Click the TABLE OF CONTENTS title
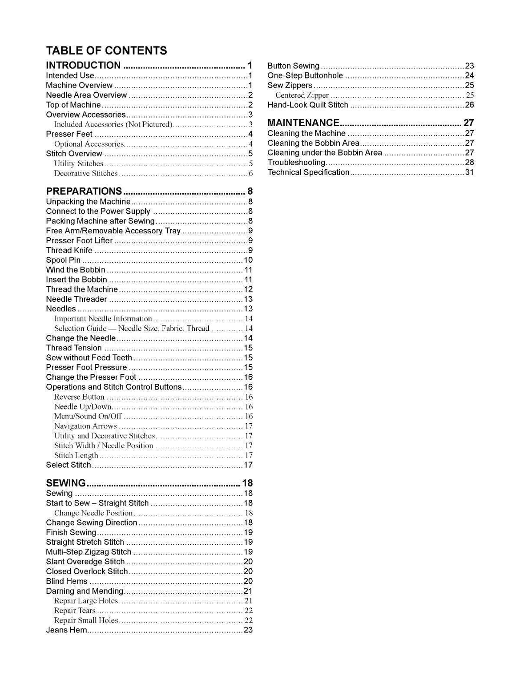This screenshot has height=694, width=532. tap(106, 50)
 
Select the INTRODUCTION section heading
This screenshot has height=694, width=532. tap(83, 65)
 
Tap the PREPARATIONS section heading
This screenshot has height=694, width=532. tap(84, 191)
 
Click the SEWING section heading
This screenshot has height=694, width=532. tap(66, 483)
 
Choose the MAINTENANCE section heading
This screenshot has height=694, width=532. tap(303, 123)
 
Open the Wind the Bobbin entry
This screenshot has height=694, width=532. tap(76, 270)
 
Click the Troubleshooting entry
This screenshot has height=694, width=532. tap(296, 163)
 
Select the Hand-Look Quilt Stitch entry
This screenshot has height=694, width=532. tap(308, 105)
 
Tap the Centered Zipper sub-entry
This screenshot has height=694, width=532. tap(302, 95)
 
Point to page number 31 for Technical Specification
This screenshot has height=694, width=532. tap(469, 173)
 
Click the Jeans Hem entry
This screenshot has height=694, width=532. tap(67, 630)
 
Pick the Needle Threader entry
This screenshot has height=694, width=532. tap(76, 299)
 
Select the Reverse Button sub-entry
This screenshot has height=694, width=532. tap(79, 397)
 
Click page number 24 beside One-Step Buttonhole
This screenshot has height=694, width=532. tap(469, 76)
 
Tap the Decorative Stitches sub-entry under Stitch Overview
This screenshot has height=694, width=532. tap(85, 173)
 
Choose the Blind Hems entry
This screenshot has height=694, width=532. tap(67, 581)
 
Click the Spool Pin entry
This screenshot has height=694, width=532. tap(63, 260)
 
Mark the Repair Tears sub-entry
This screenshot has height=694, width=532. tap(75, 611)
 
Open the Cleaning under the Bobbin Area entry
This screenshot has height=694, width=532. tap(325, 153)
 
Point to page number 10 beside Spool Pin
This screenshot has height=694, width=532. tap(248, 260)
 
